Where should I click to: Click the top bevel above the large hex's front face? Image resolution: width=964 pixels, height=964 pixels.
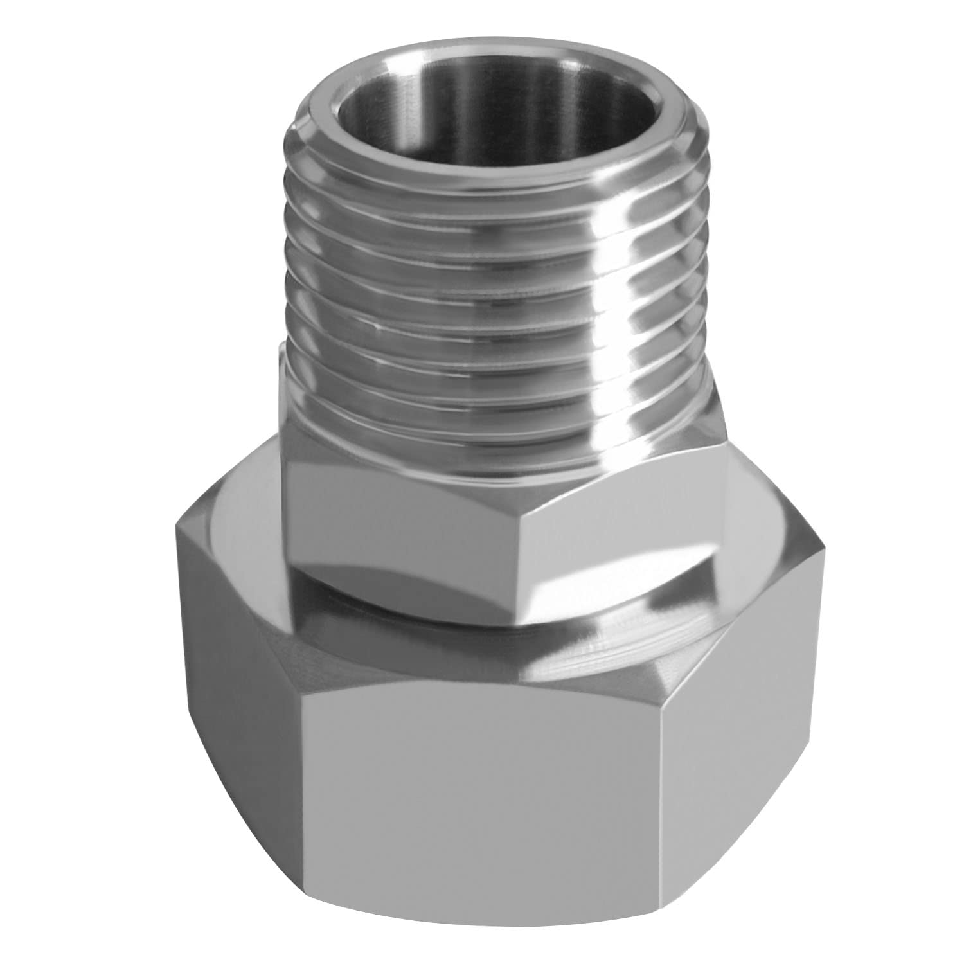488,662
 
